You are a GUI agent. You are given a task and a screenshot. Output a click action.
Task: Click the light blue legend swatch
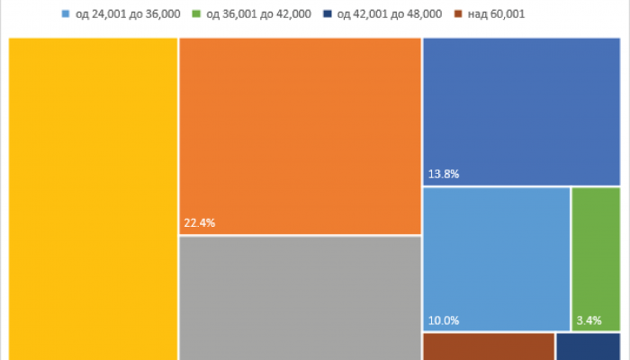click(66, 14)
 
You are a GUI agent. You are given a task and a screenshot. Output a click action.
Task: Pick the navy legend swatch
click(334, 14)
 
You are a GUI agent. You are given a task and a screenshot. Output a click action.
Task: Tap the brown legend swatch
click(460, 14)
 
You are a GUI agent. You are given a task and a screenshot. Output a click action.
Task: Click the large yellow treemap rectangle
click(93, 198)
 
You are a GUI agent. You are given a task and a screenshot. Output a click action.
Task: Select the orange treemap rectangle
click(300, 135)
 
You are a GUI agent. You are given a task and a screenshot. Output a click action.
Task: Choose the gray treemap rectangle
click(300, 297)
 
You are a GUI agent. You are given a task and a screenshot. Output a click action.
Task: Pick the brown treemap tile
click(488, 347)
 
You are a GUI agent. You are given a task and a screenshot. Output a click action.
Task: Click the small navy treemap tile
click(589, 347)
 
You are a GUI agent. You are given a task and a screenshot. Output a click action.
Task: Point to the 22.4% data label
click(200, 223)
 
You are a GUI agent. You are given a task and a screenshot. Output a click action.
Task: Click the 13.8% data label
click(443, 174)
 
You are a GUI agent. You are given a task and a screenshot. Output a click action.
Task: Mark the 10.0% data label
click(444, 319)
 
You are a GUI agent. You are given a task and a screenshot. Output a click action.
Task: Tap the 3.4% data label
click(589, 319)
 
